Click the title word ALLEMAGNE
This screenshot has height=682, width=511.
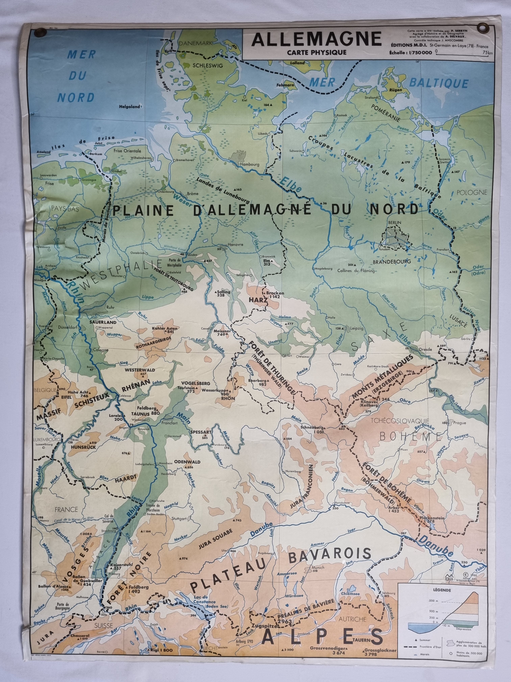[x=316, y=40]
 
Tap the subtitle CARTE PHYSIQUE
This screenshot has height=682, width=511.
[x=316, y=52]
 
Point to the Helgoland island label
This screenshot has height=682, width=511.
[x=130, y=107]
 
